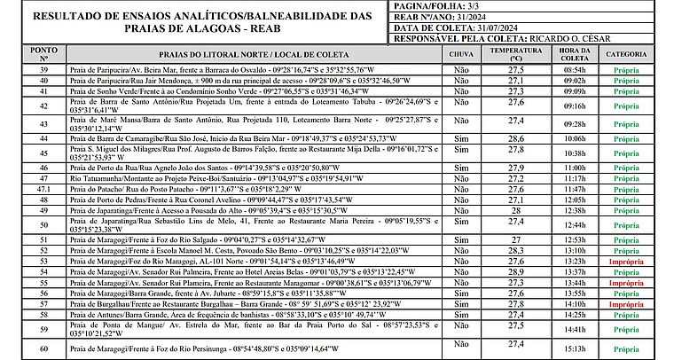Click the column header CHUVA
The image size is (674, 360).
click(x=461, y=54)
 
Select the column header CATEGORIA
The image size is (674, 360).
click(x=626, y=54)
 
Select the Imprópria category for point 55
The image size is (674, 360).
click(x=626, y=282)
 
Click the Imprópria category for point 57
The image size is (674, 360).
click(x=626, y=303)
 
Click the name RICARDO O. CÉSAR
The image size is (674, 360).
click(x=578, y=39)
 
